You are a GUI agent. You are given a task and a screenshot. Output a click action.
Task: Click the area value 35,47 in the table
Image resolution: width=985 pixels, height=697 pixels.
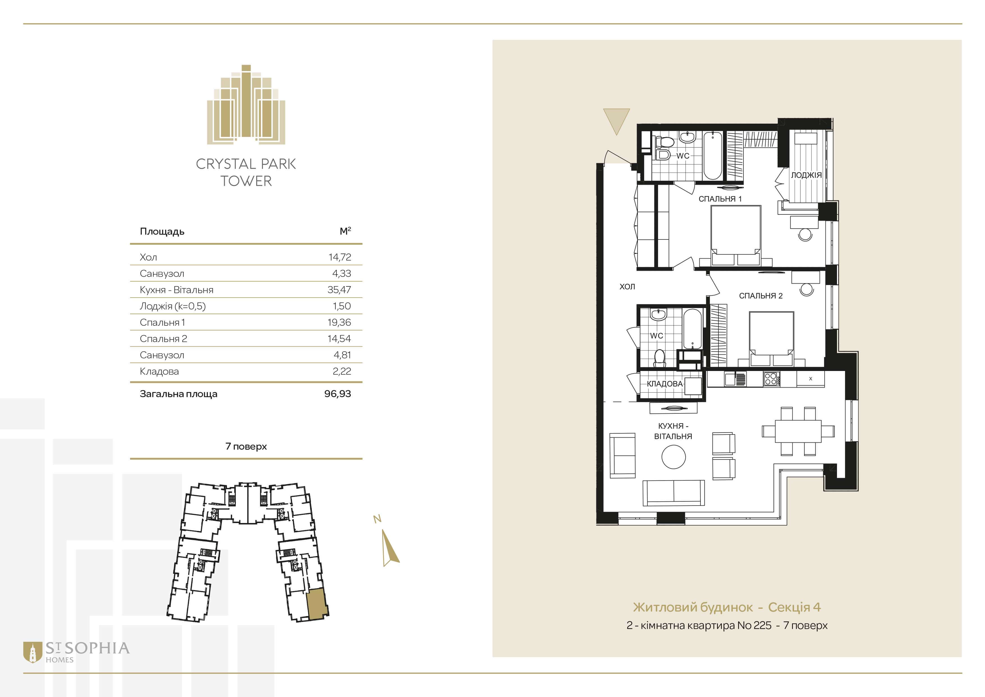[x=339, y=290]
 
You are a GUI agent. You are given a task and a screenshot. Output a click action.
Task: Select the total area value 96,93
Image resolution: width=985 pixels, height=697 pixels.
[x=338, y=393]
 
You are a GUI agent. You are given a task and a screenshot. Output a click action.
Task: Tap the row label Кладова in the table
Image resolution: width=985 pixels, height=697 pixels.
[x=159, y=371]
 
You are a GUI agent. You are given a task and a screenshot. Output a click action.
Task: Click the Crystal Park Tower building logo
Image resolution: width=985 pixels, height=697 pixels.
[x=246, y=104]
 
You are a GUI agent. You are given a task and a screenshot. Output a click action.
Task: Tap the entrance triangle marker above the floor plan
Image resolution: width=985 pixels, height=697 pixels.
[x=617, y=121]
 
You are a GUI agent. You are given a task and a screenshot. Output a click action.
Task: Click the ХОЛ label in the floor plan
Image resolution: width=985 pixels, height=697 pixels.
[x=627, y=287]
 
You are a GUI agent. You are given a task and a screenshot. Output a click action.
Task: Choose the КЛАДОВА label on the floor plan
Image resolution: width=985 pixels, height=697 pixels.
[x=665, y=384]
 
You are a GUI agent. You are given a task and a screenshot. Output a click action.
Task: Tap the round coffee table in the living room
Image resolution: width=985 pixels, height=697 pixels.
[x=674, y=457]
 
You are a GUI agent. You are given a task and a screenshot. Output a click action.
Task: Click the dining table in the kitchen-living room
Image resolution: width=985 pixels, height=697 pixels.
[x=798, y=431]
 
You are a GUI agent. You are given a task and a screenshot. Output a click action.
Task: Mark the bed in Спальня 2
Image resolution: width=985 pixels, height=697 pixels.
[x=771, y=339]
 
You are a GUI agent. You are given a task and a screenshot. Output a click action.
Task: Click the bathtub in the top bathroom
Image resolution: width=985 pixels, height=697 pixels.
[x=713, y=155]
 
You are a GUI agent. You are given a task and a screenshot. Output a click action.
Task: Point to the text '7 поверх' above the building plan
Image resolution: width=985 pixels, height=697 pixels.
[x=246, y=446]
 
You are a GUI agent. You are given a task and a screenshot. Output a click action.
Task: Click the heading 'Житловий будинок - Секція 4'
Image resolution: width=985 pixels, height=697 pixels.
[x=727, y=607]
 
